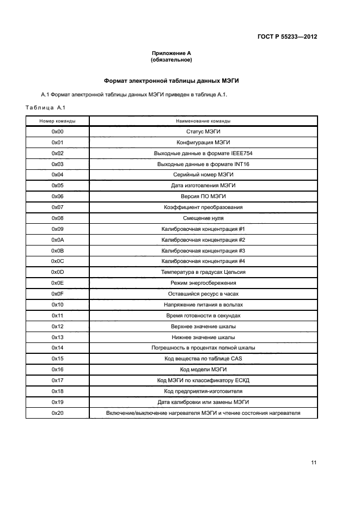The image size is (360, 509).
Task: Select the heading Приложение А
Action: pos(172,53)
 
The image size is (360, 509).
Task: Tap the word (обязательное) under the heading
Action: pos(172,60)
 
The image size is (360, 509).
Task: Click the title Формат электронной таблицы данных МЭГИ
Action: pos(172,81)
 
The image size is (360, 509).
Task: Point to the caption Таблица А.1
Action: pos(45,107)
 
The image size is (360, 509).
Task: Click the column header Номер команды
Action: pos(57,121)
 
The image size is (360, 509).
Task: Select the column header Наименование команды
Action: pos(203,121)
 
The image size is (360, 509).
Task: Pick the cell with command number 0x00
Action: pos(57,132)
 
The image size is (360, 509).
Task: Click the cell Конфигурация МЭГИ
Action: pos(203,143)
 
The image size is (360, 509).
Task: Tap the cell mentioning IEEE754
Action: pos(203,154)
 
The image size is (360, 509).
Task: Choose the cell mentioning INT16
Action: pos(203,164)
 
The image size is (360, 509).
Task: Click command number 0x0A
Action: pos(57,240)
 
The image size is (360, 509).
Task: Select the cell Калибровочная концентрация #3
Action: pos(203,251)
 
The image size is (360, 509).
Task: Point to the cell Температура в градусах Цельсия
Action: pos(203,272)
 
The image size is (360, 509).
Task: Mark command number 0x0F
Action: pos(57,294)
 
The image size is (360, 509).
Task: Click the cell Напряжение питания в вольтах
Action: pos(203,305)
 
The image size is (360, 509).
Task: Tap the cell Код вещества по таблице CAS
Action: pos(203,359)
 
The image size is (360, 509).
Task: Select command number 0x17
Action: pos(57,381)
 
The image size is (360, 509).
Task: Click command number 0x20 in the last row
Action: pos(57,413)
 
